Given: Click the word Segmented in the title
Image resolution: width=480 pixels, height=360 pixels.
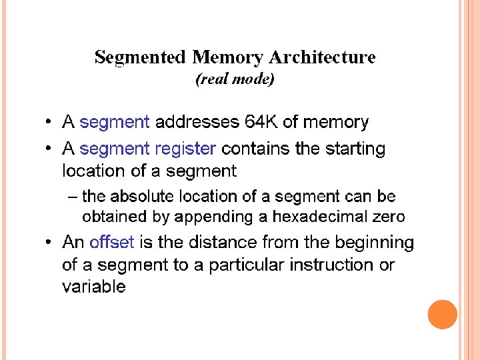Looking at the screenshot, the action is pyautogui.click(x=140, y=57).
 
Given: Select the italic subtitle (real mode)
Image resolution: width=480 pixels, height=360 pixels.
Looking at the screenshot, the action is pyautogui.click(x=235, y=79).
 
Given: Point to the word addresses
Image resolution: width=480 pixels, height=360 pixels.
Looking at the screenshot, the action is pyautogui.click(x=197, y=122).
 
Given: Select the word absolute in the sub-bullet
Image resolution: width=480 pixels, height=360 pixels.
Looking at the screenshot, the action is pyautogui.click(x=141, y=197).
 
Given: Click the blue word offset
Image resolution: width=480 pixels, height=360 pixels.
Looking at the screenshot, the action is pyautogui.click(x=112, y=242).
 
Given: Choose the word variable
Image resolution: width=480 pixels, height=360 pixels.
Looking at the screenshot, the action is pyautogui.click(x=93, y=287).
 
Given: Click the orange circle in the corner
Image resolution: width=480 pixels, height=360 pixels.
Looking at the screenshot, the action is pyautogui.click(x=442, y=315).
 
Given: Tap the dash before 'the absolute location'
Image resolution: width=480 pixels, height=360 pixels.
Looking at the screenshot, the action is pyautogui.click(x=72, y=197).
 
